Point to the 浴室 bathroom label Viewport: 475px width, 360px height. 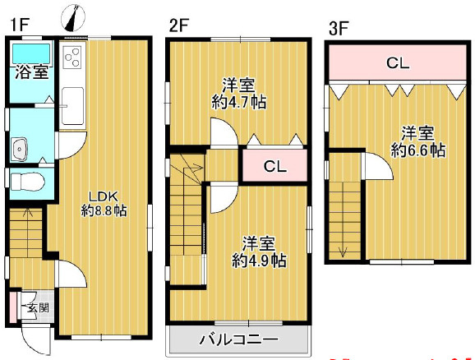(30, 72)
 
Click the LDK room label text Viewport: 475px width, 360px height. (104, 196)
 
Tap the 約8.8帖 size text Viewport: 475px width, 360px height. (104, 211)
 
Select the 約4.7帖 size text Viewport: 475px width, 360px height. (239, 102)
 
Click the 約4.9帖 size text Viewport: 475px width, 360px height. (259, 261)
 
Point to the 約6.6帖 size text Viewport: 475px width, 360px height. (418, 150)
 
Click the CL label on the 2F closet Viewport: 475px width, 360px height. (274, 167)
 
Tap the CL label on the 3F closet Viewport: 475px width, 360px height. (399, 62)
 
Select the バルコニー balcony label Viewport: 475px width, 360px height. (239, 339)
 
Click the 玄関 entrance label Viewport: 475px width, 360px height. (37, 308)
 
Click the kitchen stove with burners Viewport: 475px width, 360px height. (72, 58)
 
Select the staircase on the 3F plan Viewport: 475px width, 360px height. (345, 219)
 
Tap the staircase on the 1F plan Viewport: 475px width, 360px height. (26, 234)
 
